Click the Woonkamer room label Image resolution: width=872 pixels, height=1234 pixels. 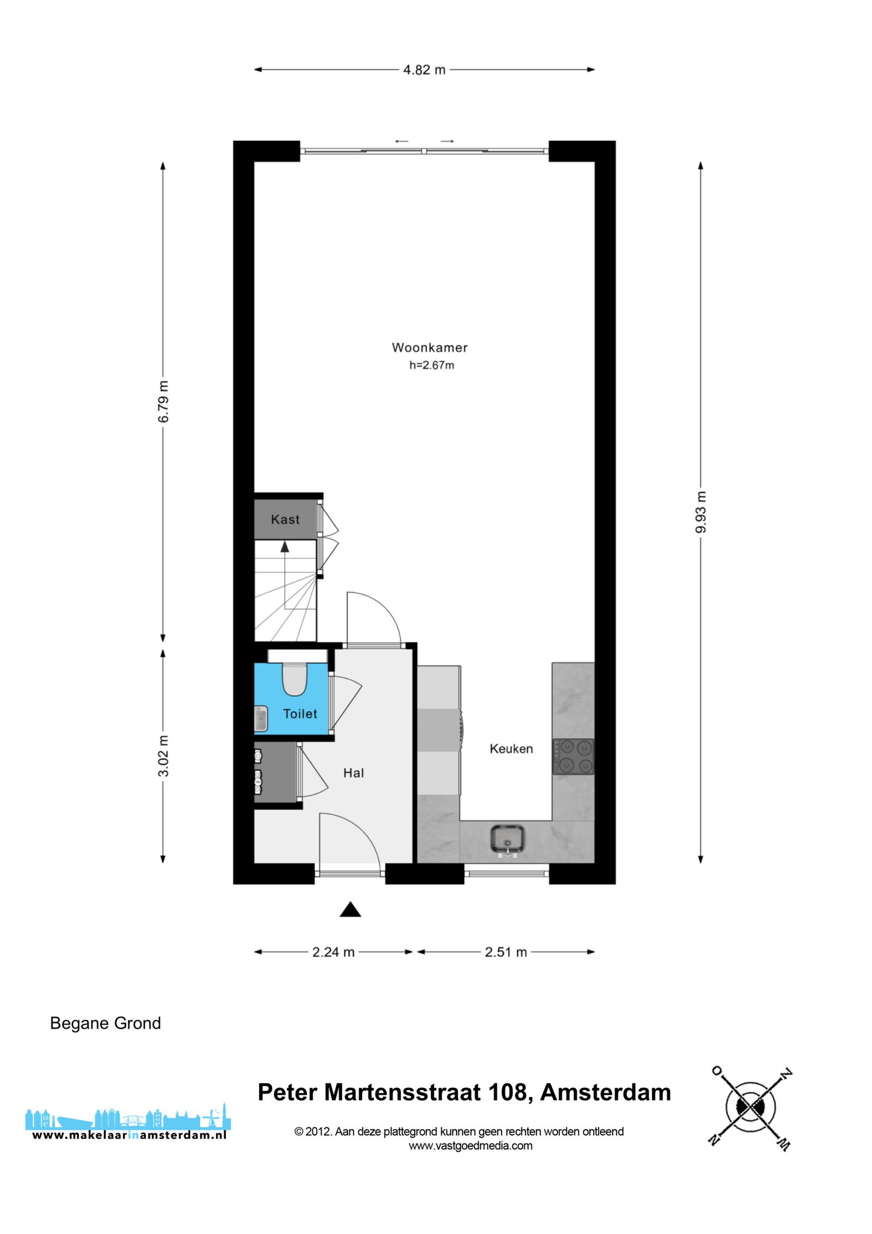tap(429, 347)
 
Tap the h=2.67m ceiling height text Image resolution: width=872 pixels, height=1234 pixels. tap(432, 365)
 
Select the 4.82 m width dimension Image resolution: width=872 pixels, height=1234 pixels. tap(424, 70)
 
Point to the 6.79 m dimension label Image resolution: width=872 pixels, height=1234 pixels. tap(163, 401)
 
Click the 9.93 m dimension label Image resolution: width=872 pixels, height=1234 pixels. tap(701, 512)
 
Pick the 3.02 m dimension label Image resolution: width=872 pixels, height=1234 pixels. tap(163, 756)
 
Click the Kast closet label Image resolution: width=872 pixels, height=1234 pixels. tap(285, 520)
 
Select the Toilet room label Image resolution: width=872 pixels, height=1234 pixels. tap(300, 714)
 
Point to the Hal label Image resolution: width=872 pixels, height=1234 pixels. tap(353, 773)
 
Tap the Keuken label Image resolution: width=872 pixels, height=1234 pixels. tap(511, 749)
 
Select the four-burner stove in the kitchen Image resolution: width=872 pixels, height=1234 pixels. tap(573, 756)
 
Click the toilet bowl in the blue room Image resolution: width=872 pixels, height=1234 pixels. tap(294, 679)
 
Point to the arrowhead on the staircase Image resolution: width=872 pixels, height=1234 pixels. tap(284, 547)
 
